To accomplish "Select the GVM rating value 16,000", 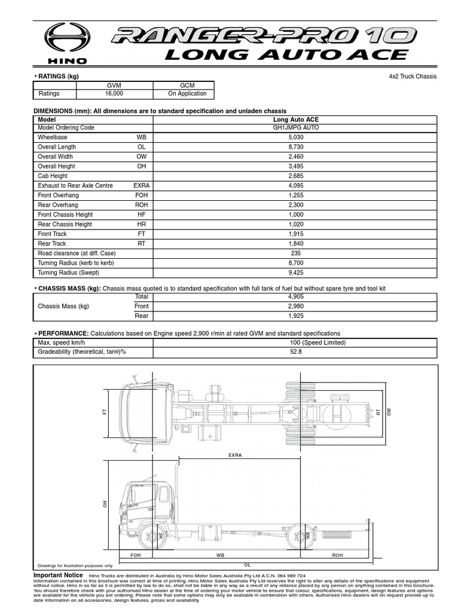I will [x=114, y=94].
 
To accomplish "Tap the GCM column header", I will [x=187, y=85].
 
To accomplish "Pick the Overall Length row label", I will [x=57, y=147].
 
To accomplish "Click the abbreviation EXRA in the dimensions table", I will [x=142, y=186].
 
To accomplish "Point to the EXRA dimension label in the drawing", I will [x=235, y=455].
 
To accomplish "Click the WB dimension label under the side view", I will [x=221, y=555].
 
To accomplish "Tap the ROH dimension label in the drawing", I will [x=338, y=555].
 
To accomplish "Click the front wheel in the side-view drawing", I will [x=152, y=535].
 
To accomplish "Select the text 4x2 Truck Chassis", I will [x=413, y=76].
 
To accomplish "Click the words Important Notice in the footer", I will [x=58, y=575].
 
